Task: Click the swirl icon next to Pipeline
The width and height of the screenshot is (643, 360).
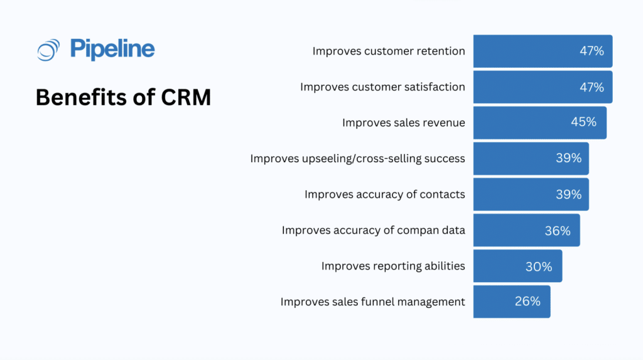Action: [48, 50]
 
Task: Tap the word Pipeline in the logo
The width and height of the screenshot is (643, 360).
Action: [112, 49]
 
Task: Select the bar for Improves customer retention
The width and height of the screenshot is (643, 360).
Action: [543, 51]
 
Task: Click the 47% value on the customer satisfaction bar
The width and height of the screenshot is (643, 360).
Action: [592, 87]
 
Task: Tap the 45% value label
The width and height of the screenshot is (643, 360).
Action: [583, 123]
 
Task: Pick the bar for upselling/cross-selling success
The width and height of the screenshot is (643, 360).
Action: [531, 158]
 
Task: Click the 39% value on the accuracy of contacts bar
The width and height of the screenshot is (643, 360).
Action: [568, 194]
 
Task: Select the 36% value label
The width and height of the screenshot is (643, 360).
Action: [558, 231]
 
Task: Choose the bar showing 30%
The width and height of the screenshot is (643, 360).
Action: [517, 266]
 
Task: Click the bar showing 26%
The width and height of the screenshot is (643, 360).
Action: [512, 302]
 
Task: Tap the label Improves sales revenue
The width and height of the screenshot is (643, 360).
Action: [404, 123]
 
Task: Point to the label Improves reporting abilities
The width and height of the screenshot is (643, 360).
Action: [393, 266]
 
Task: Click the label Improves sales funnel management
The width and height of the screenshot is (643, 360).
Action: [373, 302]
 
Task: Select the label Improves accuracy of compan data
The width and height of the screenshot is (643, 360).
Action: [374, 230]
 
